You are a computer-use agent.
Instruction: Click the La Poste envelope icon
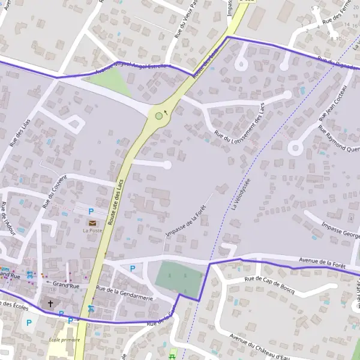(92, 223)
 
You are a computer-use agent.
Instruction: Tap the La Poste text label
(92, 230)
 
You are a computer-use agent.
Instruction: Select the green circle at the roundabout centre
(158, 116)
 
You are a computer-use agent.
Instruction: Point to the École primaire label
(64, 340)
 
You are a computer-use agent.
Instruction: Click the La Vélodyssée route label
(240, 194)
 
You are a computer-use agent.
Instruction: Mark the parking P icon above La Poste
(91, 211)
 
